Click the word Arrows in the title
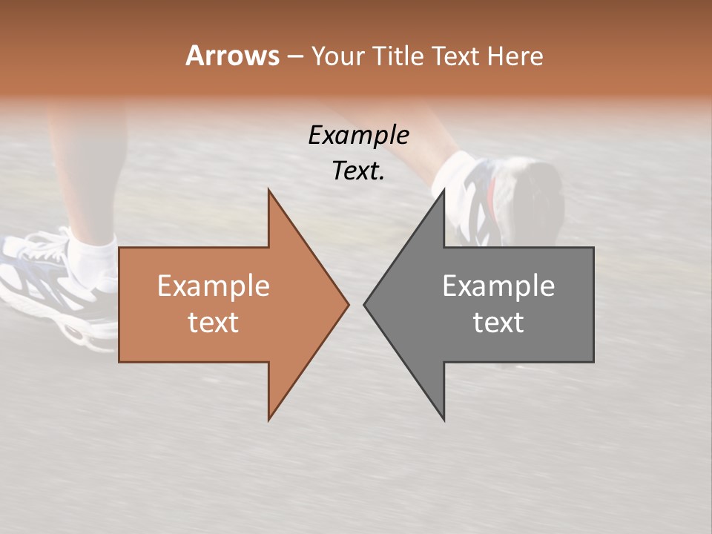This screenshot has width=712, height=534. pyautogui.click(x=232, y=56)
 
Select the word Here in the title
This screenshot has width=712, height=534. pyautogui.click(x=516, y=56)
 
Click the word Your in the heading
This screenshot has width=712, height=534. pyautogui.click(x=337, y=56)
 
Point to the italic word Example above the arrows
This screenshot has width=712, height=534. pyautogui.click(x=358, y=135)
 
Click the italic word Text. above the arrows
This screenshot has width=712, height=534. pyautogui.click(x=358, y=171)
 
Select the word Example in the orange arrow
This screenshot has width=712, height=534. pyautogui.click(x=213, y=286)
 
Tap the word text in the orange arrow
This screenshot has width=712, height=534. pyautogui.click(x=213, y=323)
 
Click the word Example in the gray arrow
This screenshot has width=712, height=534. pyautogui.click(x=498, y=286)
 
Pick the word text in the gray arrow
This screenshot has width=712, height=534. pyautogui.click(x=498, y=323)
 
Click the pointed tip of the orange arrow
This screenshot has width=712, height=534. pyautogui.click(x=348, y=304)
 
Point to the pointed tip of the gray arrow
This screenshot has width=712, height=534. pyautogui.click(x=365, y=304)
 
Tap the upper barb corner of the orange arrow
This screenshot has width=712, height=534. pyautogui.click(x=268, y=191)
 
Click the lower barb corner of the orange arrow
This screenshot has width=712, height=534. pyautogui.click(x=268, y=419)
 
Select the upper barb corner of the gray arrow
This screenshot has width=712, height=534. pyautogui.click(x=444, y=191)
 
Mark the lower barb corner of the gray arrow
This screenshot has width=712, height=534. pyautogui.click(x=444, y=419)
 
